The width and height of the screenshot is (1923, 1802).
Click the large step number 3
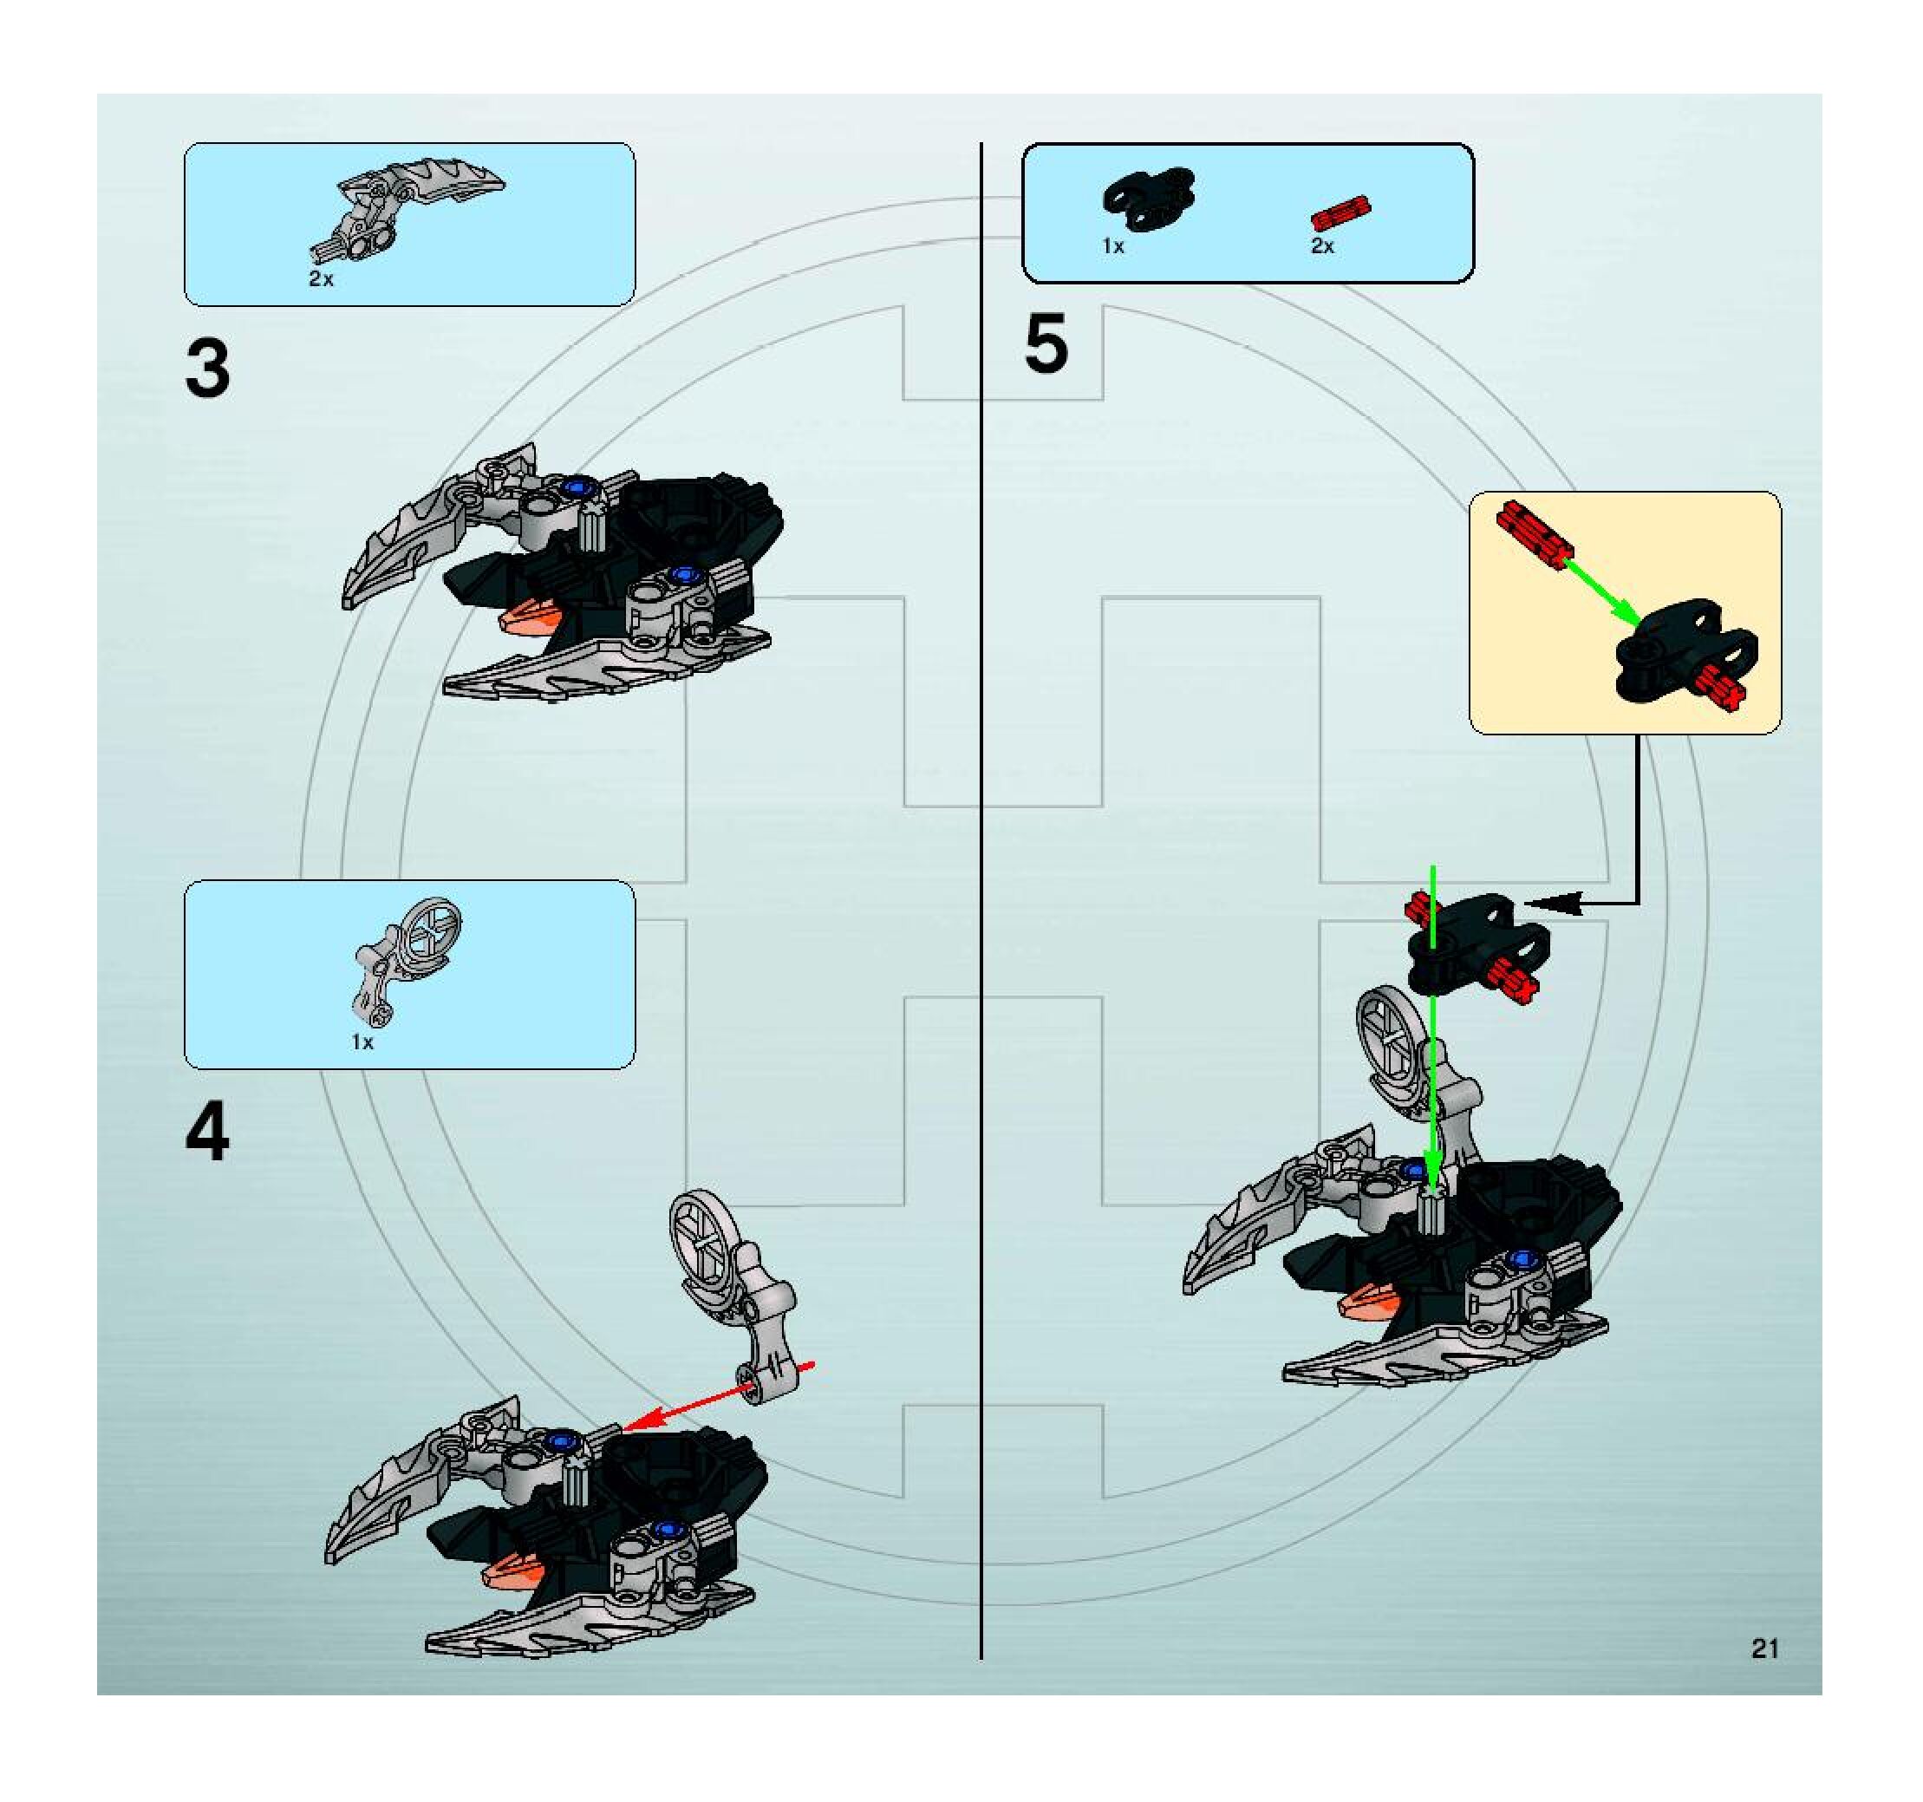[x=208, y=369]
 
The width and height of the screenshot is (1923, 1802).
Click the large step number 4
[x=208, y=1133]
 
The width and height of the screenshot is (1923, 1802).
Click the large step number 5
[x=1046, y=343]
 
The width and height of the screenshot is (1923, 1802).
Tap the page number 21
[x=1765, y=1649]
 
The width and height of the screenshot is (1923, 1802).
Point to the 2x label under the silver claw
[x=321, y=278]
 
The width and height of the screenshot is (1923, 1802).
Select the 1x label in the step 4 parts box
[x=362, y=1041]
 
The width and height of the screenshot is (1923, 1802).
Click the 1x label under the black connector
[x=1113, y=245]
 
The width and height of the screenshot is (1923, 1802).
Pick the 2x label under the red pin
[x=1322, y=245]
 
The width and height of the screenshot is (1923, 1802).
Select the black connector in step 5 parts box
[x=1149, y=199]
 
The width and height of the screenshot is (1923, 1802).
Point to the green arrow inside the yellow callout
[x=1596, y=592]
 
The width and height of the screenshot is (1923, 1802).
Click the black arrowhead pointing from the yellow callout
[x=1554, y=903]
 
